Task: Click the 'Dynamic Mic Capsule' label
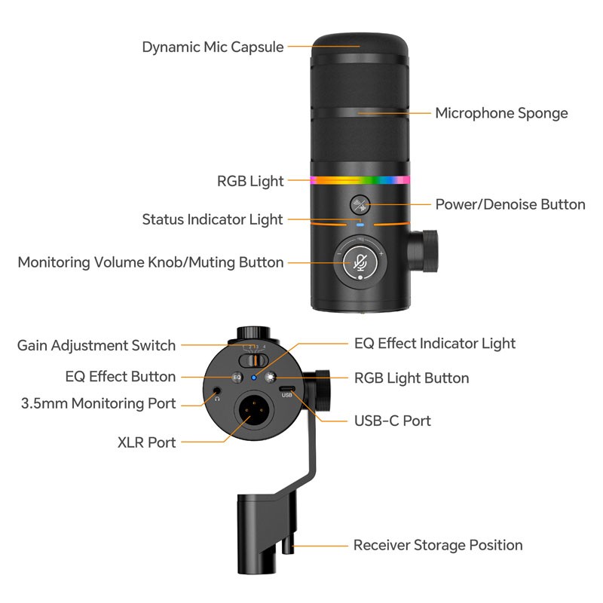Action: [213, 47]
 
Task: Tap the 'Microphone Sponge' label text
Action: [501, 113]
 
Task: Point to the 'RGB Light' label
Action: [250, 181]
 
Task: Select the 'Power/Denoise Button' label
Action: [510, 204]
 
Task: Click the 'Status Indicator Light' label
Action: [213, 219]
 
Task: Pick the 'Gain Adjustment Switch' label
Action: [96, 345]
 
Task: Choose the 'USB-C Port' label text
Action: [393, 420]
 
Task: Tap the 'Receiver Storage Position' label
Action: [438, 545]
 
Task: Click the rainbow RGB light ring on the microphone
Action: [360, 181]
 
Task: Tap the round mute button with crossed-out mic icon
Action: [360, 262]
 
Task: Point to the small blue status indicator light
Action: [360, 224]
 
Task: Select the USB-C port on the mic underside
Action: [287, 390]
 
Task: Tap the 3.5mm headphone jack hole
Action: [218, 390]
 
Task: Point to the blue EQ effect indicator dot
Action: [253, 377]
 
